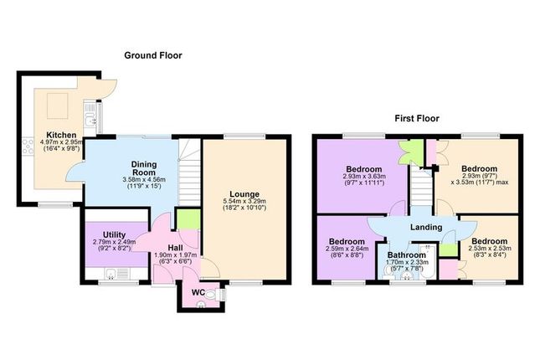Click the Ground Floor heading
[x=153, y=55]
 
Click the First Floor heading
[x=417, y=119]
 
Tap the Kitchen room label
[x=61, y=135]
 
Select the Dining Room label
[x=144, y=168]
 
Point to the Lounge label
[x=244, y=194]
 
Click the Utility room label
[x=115, y=235]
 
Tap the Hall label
[x=175, y=248]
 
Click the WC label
[x=198, y=293]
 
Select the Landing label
[x=426, y=227]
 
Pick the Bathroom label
[x=407, y=255]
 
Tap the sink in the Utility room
[x=111, y=274]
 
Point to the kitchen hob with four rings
[x=28, y=146]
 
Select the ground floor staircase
[x=189, y=172]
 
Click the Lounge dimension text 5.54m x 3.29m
[x=244, y=201]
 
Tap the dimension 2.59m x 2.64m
[x=347, y=249]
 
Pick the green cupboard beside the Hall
[x=188, y=219]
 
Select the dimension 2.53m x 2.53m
[x=490, y=248]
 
